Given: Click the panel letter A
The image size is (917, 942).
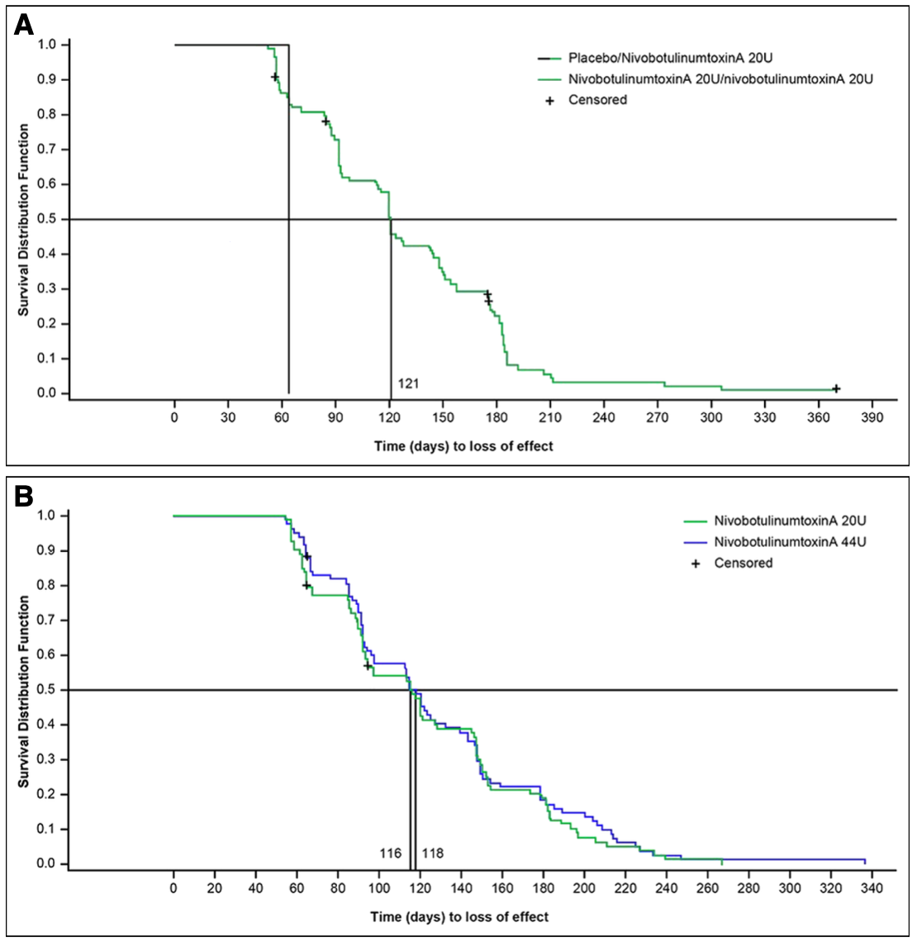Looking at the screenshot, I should click(24, 25).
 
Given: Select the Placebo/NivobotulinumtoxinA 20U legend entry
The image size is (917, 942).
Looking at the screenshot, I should click(670, 59).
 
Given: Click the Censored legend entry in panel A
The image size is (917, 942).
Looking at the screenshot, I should click(597, 100).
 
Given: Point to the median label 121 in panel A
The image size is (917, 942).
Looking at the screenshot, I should click(408, 383).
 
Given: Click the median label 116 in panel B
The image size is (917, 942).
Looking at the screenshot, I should click(391, 853).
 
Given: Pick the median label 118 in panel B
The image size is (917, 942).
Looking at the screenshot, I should click(433, 853).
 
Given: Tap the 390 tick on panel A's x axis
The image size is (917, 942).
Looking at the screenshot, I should click(872, 417).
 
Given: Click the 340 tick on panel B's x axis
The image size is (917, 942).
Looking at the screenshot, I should click(872, 887).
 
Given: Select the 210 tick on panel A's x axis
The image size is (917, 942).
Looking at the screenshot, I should click(550, 417).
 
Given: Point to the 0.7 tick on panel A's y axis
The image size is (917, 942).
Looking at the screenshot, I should click(46, 150).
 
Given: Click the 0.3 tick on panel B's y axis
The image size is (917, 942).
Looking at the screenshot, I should click(46, 759).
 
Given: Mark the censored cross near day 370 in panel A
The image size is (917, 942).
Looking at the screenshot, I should click(836, 388).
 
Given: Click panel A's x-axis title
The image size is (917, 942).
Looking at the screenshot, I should click(463, 446).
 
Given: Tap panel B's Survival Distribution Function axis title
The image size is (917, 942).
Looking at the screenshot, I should click(24, 690).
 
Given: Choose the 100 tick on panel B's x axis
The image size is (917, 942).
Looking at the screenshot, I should click(379, 887).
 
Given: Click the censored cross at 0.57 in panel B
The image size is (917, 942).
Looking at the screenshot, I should click(368, 666).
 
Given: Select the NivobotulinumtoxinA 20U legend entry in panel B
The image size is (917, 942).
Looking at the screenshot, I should click(778, 521).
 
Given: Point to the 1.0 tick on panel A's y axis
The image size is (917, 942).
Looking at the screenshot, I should click(46, 45).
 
